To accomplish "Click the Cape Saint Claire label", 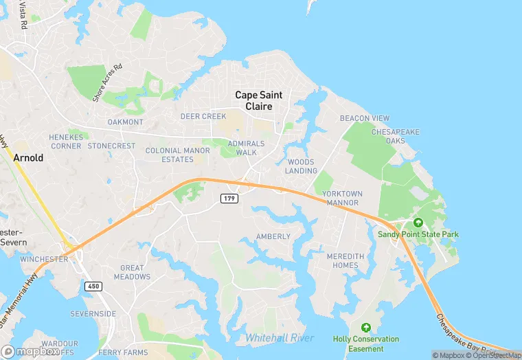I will coord(253,101).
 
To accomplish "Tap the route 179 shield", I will coord(229,199).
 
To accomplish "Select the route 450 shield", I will coord(93,286).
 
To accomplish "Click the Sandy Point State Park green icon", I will coord(418,223).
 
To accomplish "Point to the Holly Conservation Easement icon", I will coord(365,327).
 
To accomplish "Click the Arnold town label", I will coord(28,157).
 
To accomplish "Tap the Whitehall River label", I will coord(280,337).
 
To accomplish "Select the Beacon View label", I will coord(365,118).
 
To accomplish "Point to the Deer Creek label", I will coord(203,116).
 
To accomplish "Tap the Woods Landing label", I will coord(302,166).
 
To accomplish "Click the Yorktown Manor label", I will coord(341,199).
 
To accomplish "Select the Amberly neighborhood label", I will coord(273,236).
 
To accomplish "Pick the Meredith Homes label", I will coord(342,260).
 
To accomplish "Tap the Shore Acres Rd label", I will coord(107,82).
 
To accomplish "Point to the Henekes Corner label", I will coord(66,142).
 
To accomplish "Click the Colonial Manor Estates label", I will coord(177,155).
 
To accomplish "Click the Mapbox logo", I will coord(30,351).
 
